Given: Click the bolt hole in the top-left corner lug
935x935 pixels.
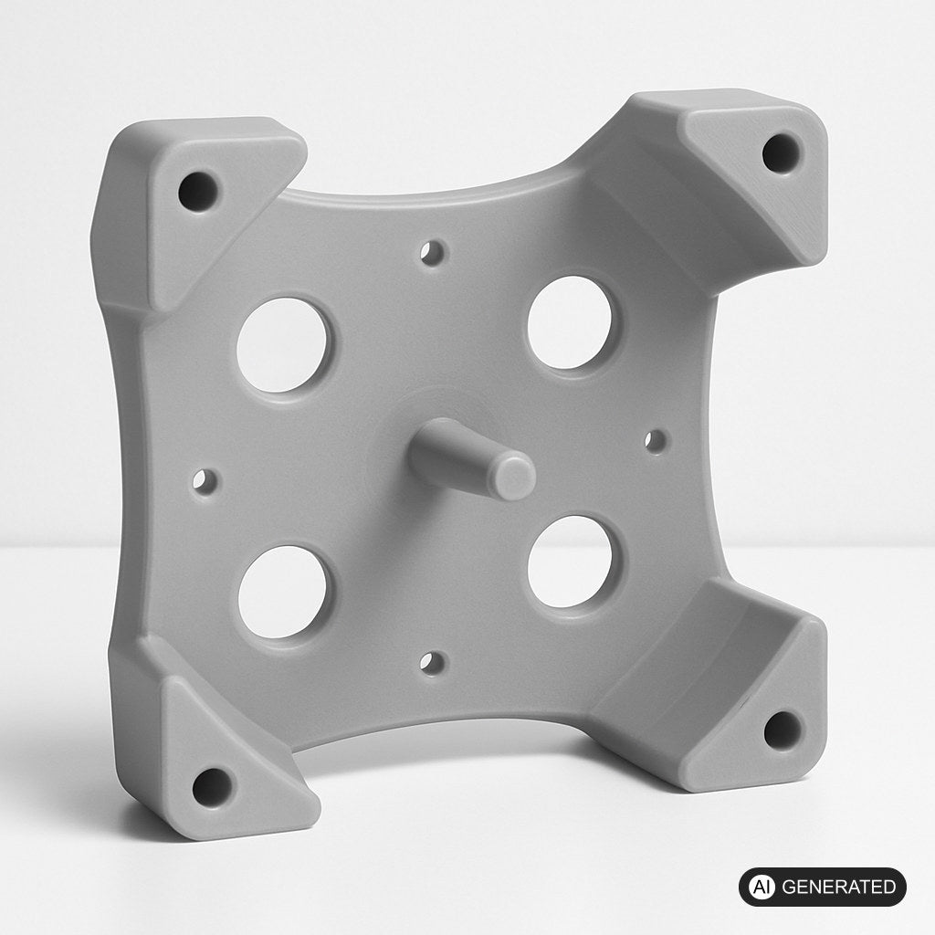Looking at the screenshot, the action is pos(197,192).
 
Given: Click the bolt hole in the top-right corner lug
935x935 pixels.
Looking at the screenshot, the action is pos(783,153).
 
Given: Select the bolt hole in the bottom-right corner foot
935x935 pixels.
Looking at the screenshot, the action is pos(783,730).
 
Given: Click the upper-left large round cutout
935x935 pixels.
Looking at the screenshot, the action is pos(283,344).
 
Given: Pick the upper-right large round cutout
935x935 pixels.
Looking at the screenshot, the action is pos(570,322).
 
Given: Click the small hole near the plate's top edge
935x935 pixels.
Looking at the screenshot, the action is pos(432,252).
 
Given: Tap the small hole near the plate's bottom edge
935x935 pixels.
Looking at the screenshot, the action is pos(432,664).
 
